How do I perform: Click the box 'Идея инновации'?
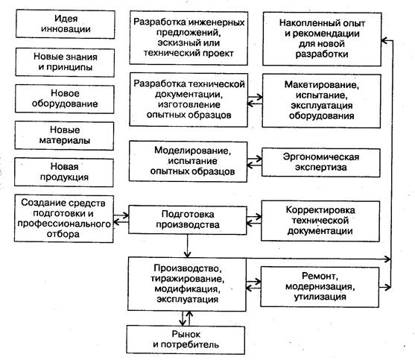(x=66, y=24)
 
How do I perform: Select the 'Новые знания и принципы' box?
(x=65, y=62)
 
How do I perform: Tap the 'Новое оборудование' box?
(x=65, y=98)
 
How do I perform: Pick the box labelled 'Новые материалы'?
(x=64, y=136)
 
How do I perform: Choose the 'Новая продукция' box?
(x=64, y=172)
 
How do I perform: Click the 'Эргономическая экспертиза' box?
(x=321, y=162)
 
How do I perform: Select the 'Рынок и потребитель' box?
(x=186, y=340)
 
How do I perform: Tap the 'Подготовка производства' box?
(x=188, y=220)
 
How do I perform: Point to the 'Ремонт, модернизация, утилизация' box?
(x=320, y=287)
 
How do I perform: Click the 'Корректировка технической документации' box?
(x=320, y=221)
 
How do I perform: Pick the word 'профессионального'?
(x=64, y=224)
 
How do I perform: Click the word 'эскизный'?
(x=174, y=43)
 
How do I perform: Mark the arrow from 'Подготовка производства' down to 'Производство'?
(x=188, y=246)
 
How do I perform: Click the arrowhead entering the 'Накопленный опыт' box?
(x=384, y=40)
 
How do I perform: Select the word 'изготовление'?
(x=189, y=105)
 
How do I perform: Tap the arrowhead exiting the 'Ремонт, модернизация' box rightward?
(x=387, y=287)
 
